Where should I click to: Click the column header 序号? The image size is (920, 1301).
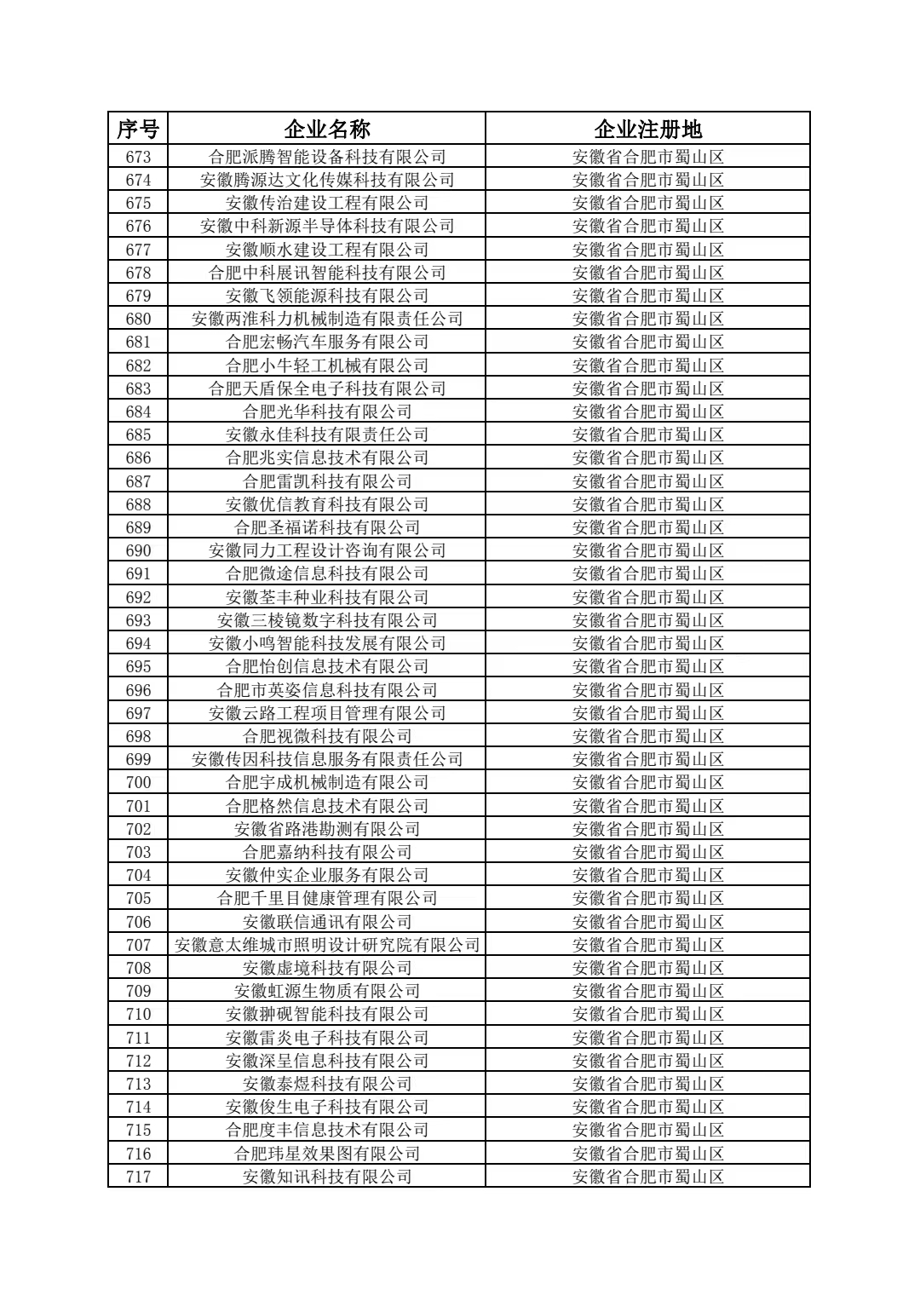click(x=138, y=130)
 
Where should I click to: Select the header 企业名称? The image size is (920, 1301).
click(x=327, y=130)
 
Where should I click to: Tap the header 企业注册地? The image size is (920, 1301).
click(x=647, y=130)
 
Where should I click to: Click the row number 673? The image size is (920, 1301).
click(x=138, y=157)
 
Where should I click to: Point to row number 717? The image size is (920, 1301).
click(x=138, y=1177)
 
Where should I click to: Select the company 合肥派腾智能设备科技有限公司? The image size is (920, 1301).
click(x=327, y=157)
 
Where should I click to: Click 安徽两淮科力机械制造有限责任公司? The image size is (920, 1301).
click(x=327, y=319)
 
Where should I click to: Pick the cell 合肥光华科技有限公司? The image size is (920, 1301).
click(x=327, y=412)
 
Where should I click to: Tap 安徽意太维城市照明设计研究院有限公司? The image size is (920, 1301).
click(x=327, y=945)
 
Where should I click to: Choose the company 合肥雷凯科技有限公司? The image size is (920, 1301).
click(x=327, y=481)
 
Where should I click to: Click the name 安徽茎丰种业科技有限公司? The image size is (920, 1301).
click(x=327, y=597)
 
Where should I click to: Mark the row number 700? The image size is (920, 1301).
click(x=138, y=782)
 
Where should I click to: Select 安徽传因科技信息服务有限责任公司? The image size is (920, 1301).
click(x=327, y=759)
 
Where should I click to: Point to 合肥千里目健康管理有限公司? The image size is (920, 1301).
click(x=327, y=898)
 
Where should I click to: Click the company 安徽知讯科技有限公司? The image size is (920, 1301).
click(x=327, y=1177)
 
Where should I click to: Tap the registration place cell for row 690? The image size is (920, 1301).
click(x=647, y=550)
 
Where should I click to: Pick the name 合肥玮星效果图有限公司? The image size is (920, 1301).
click(x=327, y=1154)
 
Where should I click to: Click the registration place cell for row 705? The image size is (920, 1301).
click(x=647, y=898)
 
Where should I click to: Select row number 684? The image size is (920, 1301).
click(x=138, y=412)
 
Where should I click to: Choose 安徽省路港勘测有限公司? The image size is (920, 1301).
click(x=327, y=829)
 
